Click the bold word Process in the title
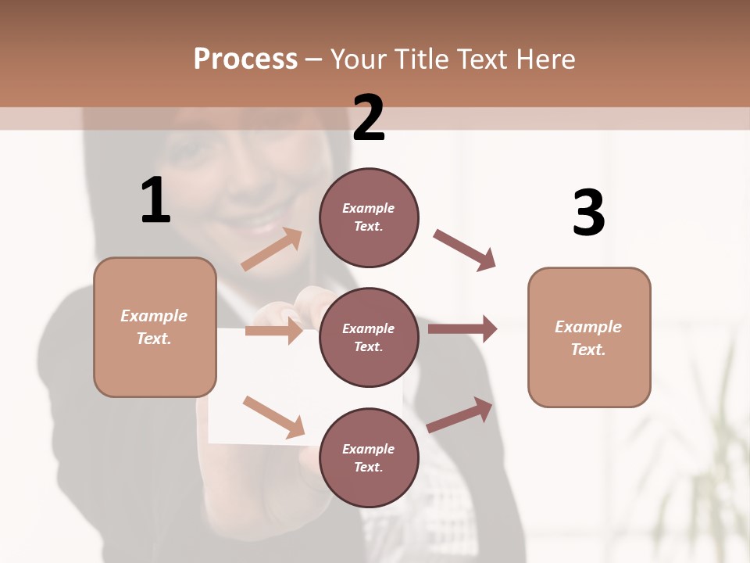click(x=245, y=59)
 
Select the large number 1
click(x=155, y=200)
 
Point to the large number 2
click(x=369, y=118)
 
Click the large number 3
click(x=588, y=213)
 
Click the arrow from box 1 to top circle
click(x=272, y=249)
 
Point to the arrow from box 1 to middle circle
click(x=273, y=331)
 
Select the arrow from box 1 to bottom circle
click(x=273, y=416)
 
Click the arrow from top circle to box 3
click(x=464, y=250)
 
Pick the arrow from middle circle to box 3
click(x=462, y=328)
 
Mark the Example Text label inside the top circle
click(x=369, y=217)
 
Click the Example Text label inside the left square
click(x=155, y=327)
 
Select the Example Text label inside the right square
click(x=589, y=338)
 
